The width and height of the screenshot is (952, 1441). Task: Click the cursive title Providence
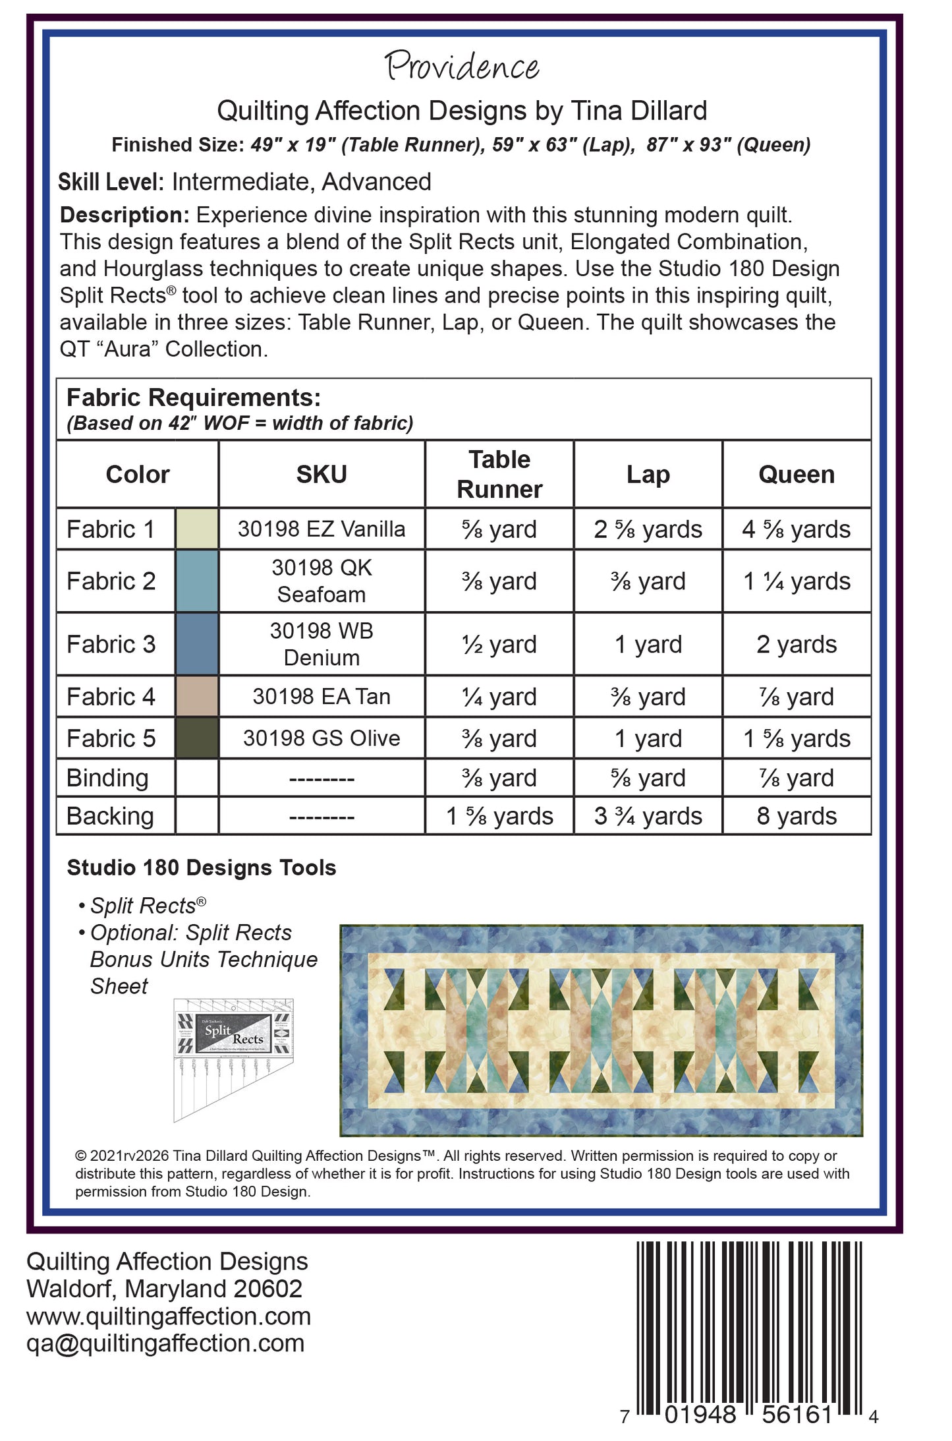pos(462,67)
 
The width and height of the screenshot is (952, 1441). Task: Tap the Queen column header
pos(796,475)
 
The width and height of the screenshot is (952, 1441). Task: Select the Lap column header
pos(648,475)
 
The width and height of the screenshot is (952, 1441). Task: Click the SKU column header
pos(322,475)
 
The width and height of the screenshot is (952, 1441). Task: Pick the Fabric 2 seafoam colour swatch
pos(197,581)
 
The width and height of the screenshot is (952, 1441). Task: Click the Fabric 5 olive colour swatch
pos(197,738)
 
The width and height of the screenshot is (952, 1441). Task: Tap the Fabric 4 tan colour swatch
pos(197,696)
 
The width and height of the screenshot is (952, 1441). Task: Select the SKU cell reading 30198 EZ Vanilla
pos(322,529)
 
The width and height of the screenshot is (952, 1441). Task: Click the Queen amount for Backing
pos(796,816)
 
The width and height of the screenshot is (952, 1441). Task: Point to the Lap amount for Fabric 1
pos(648,529)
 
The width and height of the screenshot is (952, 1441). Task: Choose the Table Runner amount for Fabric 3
pos(499,644)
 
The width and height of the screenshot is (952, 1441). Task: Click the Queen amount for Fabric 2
pos(796,581)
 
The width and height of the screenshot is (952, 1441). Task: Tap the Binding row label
pos(107,778)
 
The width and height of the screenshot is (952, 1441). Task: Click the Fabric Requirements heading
pos(194,398)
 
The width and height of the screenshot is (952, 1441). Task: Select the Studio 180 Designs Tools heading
pos(202,868)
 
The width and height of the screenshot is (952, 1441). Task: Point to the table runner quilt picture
pos(601,1030)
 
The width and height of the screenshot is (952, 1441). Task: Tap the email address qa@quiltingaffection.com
pos(165,1342)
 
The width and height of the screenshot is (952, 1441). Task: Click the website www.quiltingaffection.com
pos(169,1316)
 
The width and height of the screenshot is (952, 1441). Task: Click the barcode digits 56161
pos(797,1413)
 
